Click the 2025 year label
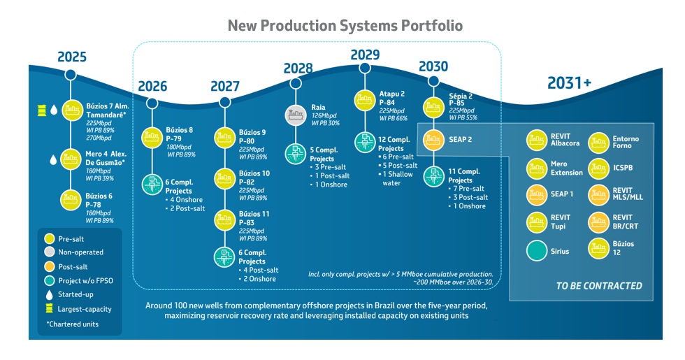72,57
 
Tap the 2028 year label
298,68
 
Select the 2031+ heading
570,83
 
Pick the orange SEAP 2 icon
434,138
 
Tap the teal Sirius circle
537,250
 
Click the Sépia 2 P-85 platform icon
434,107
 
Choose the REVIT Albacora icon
537,141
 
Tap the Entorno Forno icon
600,143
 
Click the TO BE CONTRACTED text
598,285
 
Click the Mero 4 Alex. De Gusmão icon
72,159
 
